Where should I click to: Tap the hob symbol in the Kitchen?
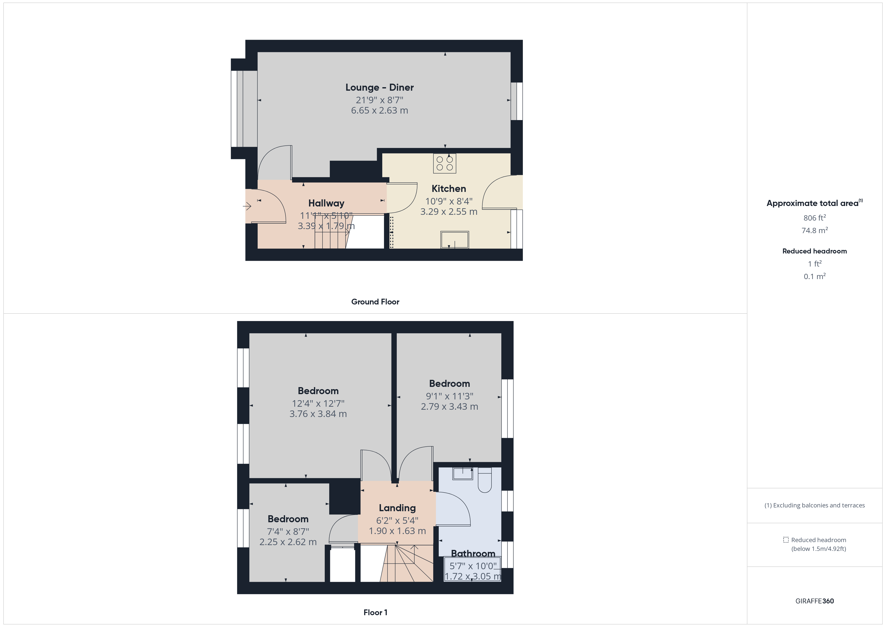coord(445,163)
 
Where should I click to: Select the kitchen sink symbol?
coord(455,240)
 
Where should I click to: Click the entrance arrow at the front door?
coord(247,206)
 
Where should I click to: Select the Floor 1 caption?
coord(375,612)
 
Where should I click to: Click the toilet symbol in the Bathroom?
coord(485,480)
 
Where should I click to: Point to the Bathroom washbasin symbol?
coord(463,474)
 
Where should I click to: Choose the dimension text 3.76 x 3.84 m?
coord(318,414)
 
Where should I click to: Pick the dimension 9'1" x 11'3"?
coord(450,396)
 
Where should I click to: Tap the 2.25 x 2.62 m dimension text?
coord(288,542)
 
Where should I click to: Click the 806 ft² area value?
coord(815,218)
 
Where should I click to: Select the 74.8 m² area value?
coord(815,231)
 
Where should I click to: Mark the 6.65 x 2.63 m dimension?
coord(379,111)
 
